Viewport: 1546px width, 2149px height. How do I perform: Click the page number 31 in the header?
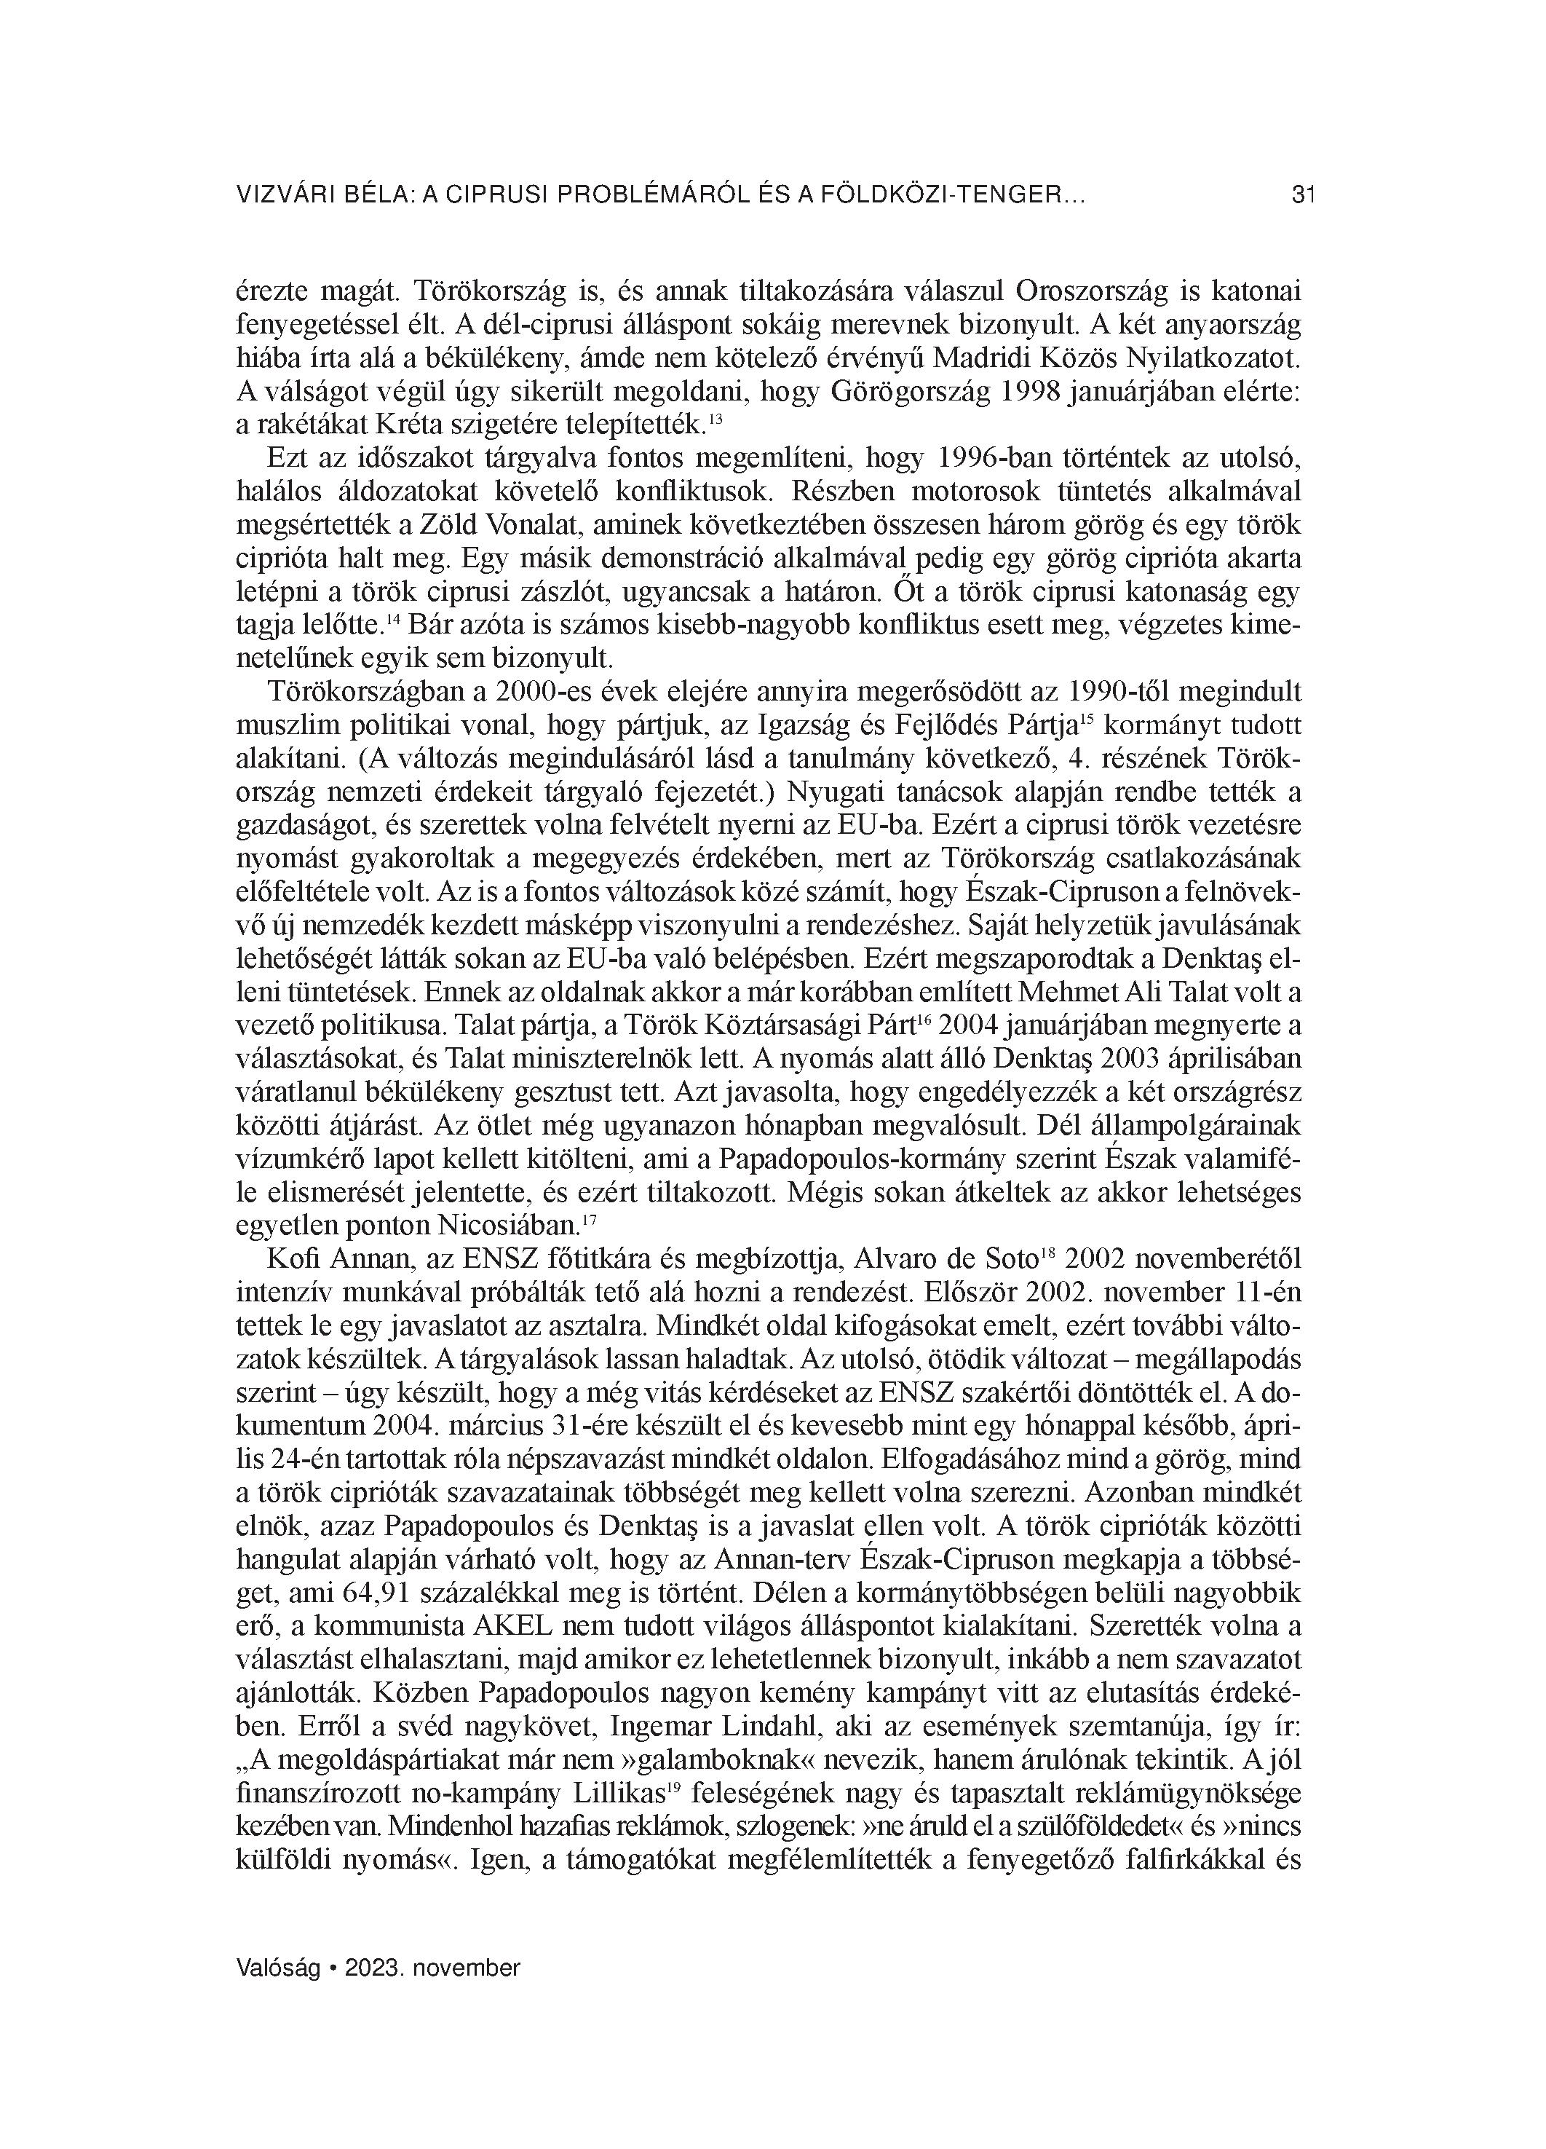pos(1304,196)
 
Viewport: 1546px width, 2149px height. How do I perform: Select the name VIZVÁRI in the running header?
pos(282,196)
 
